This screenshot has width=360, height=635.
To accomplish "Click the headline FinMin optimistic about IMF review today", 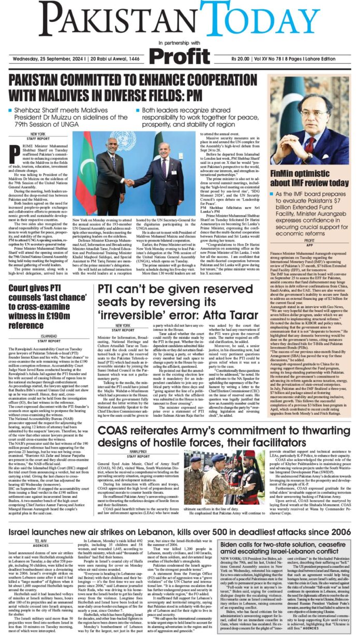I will click(x=309, y=178).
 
